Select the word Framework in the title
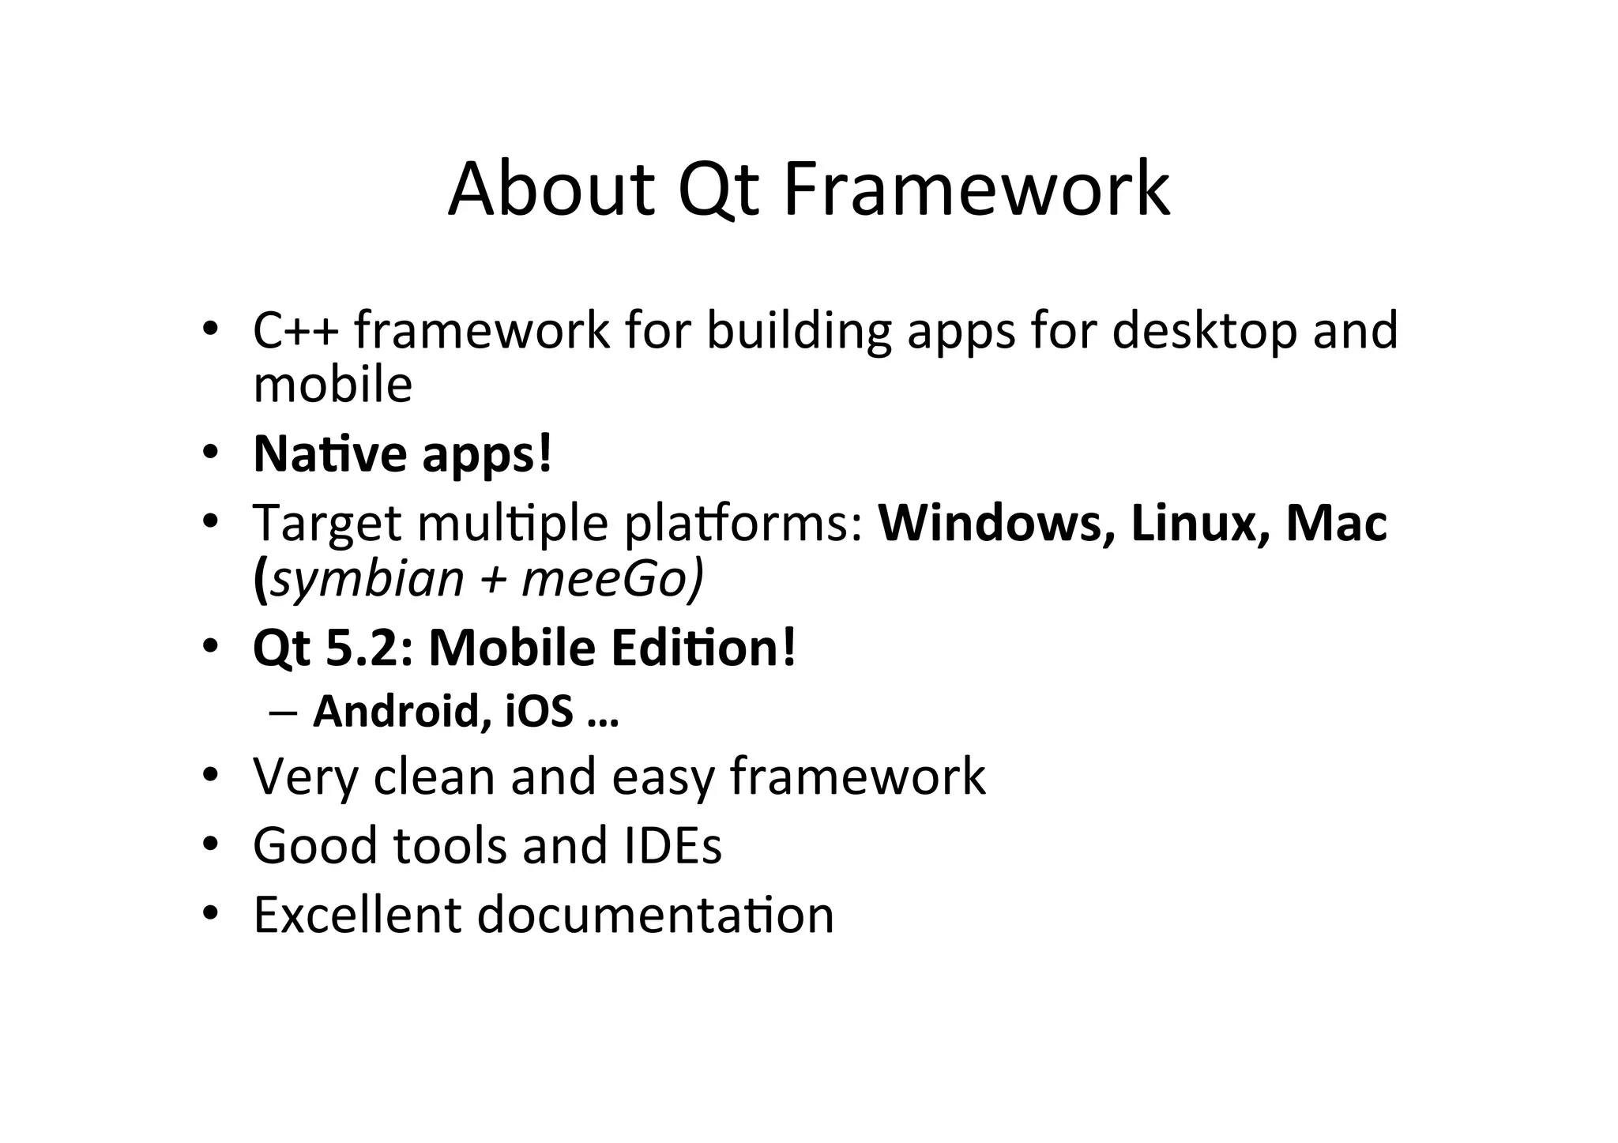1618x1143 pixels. [x=976, y=190]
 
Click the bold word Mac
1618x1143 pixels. [x=1336, y=523]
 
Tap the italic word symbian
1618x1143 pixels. [x=367, y=579]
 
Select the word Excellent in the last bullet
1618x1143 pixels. [x=356, y=914]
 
